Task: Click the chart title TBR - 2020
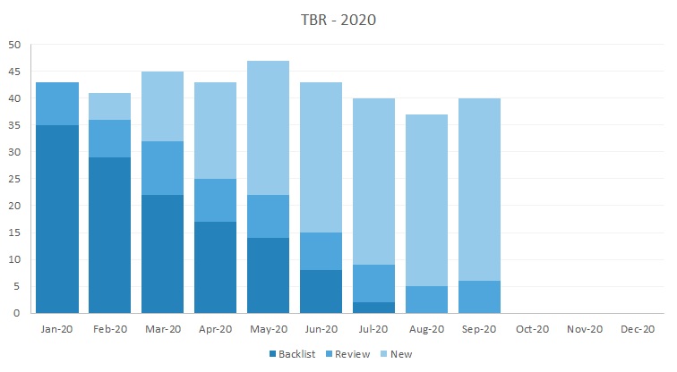pyautogui.click(x=338, y=20)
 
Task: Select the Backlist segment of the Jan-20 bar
pyautogui.click(x=57, y=219)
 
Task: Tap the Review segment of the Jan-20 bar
pyautogui.click(x=57, y=104)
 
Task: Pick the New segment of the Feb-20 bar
pyautogui.click(x=110, y=107)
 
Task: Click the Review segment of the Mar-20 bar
pyautogui.click(x=163, y=168)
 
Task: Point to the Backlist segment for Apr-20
pyautogui.click(x=216, y=267)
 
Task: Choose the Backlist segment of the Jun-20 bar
pyautogui.click(x=321, y=292)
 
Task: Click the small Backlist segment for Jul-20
pyautogui.click(x=373, y=308)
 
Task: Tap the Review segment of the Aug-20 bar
pyautogui.click(x=426, y=300)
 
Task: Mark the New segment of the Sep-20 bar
pyautogui.click(x=479, y=190)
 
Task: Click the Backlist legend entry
pyautogui.click(x=291, y=354)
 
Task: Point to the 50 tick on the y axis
pyautogui.click(x=14, y=45)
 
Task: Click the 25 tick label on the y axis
pyautogui.click(x=14, y=179)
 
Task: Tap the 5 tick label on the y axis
pyautogui.click(x=17, y=286)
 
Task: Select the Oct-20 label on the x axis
pyautogui.click(x=532, y=329)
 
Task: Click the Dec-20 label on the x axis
pyautogui.click(x=637, y=329)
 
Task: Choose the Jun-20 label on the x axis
pyautogui.click(x=321, y=329)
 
